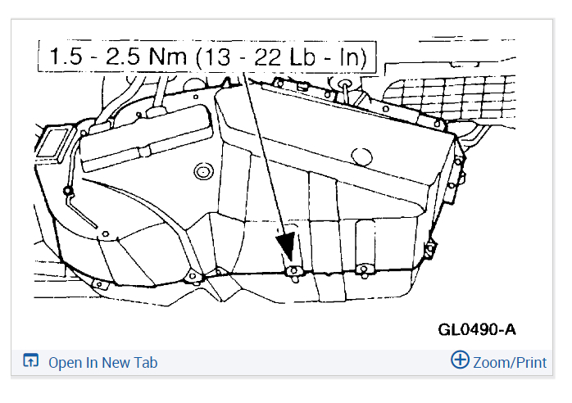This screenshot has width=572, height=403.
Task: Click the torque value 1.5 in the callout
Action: [x=66, y=57]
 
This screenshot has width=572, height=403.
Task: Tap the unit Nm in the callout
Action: [x=167, y=57]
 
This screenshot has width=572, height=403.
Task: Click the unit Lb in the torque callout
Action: [x=302, y=57]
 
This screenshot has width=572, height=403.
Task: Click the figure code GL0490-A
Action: [x=477, y=330]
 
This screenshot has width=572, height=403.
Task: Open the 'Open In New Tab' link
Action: [x=103, y=363]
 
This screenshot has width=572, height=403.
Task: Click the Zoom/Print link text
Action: [x=510, y=363]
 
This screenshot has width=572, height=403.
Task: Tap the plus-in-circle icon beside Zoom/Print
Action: [x=460, y=360]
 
